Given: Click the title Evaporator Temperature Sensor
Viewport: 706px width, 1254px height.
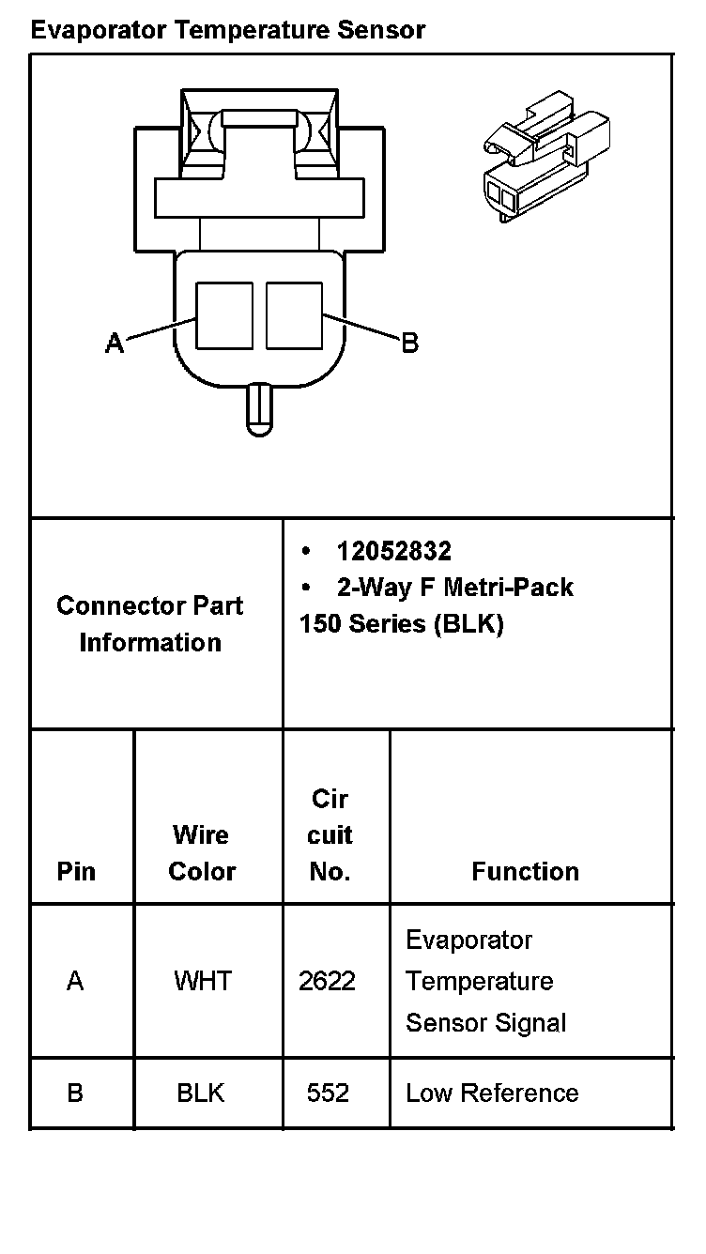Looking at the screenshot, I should [x=227, y=30].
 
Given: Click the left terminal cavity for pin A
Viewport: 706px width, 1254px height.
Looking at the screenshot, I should [x=224, y=315].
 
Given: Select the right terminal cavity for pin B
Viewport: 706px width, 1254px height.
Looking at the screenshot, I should [x=294, y=315].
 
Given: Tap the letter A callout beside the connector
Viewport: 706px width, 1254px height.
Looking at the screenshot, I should [x=115, y=344].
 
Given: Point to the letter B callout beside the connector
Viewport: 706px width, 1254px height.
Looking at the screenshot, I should [x=410, y=343].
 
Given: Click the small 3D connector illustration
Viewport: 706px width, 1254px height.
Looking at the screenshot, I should [x=547, y=156].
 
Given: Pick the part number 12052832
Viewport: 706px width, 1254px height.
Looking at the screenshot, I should [x=393, y=551].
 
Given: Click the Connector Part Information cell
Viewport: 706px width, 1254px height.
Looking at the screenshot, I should [x=150, y=623].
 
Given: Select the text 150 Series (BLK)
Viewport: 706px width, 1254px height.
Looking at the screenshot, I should [x=401, y=624].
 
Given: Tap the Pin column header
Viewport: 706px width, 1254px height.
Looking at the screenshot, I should [x=76, y=871].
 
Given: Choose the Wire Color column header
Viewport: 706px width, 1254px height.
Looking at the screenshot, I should [x=202, y=852].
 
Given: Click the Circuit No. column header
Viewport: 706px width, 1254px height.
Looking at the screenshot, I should [x=330, y=834].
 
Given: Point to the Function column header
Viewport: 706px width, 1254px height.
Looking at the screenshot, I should [x=525, y=871].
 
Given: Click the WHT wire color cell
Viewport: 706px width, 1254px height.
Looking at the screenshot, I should [x=203, y=982].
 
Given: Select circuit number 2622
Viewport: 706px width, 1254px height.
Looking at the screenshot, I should [x=327, y=982].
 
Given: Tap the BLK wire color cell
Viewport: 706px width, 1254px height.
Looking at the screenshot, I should [x=201, y=1093].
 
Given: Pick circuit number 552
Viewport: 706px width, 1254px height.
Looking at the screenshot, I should [x=328, y=1093].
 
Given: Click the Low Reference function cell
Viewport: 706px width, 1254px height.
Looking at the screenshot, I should [x=492, y=1093].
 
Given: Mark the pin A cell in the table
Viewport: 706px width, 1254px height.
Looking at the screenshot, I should [x=75, y=982].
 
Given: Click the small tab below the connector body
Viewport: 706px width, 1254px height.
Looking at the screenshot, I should [x=258, y=410].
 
